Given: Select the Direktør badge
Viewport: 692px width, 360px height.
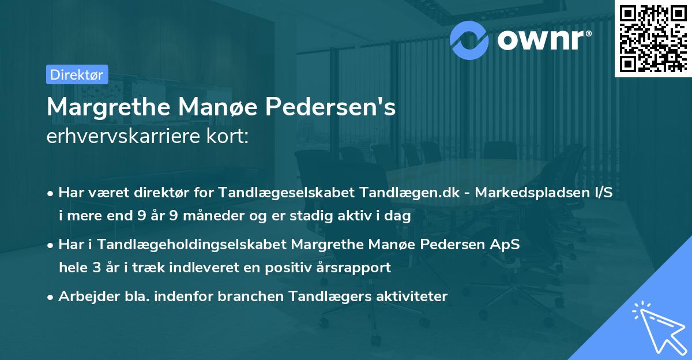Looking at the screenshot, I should coord(76,74).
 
